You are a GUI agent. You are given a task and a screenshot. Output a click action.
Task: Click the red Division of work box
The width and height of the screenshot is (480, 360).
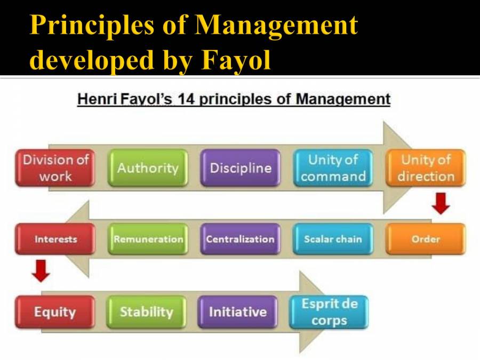55,168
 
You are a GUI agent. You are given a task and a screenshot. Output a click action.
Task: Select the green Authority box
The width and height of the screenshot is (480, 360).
148,168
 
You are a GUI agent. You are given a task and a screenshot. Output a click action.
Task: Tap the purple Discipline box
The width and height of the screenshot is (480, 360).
241,168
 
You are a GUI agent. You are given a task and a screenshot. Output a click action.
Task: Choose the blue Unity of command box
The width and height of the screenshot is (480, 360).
333,168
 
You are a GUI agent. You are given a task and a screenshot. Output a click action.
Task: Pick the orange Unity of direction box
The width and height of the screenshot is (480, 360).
426,168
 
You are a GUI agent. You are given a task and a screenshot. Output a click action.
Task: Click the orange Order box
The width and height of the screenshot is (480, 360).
426,239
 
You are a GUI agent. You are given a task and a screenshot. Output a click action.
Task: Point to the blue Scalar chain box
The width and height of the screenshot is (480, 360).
333,239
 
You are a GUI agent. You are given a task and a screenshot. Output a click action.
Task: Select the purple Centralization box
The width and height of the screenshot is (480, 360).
241,239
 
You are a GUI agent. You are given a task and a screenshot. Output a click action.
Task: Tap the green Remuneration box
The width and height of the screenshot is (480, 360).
148,239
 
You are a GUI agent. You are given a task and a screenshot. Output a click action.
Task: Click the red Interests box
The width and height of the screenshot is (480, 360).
55,239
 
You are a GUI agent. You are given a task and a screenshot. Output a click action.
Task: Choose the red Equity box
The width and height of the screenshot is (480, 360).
55,312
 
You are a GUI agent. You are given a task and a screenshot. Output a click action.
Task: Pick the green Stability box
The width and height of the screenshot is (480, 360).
146,312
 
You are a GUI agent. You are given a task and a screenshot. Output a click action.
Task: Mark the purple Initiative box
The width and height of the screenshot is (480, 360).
238,312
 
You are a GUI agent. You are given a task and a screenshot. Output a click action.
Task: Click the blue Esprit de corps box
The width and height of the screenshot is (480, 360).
329,312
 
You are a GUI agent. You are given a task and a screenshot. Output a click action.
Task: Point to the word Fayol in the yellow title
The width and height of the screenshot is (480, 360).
237,60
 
